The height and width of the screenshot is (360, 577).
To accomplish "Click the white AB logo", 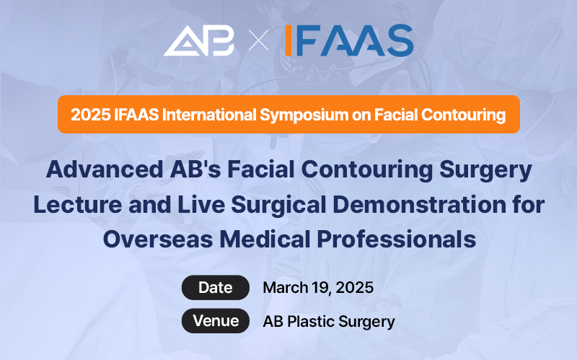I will pos(199,41).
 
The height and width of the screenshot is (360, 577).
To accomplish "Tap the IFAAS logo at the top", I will pos(348,40).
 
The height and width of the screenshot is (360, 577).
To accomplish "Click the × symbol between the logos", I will pos(258,42).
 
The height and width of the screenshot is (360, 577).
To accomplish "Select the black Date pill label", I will pos(215,287).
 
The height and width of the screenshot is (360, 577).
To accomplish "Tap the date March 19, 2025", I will pos(318,287).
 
